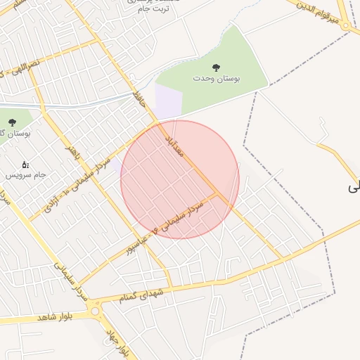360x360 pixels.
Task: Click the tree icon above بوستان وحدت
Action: (x=217, y=68)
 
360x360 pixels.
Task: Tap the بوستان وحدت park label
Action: (x=217, y=79)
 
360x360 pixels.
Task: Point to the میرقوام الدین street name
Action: (x=319, y=14)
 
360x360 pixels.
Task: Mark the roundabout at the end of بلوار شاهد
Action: (x=96, y=309)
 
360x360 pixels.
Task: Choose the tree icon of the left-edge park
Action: (x=12, y=122)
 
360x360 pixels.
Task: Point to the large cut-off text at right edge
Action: (x=354, y=187)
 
